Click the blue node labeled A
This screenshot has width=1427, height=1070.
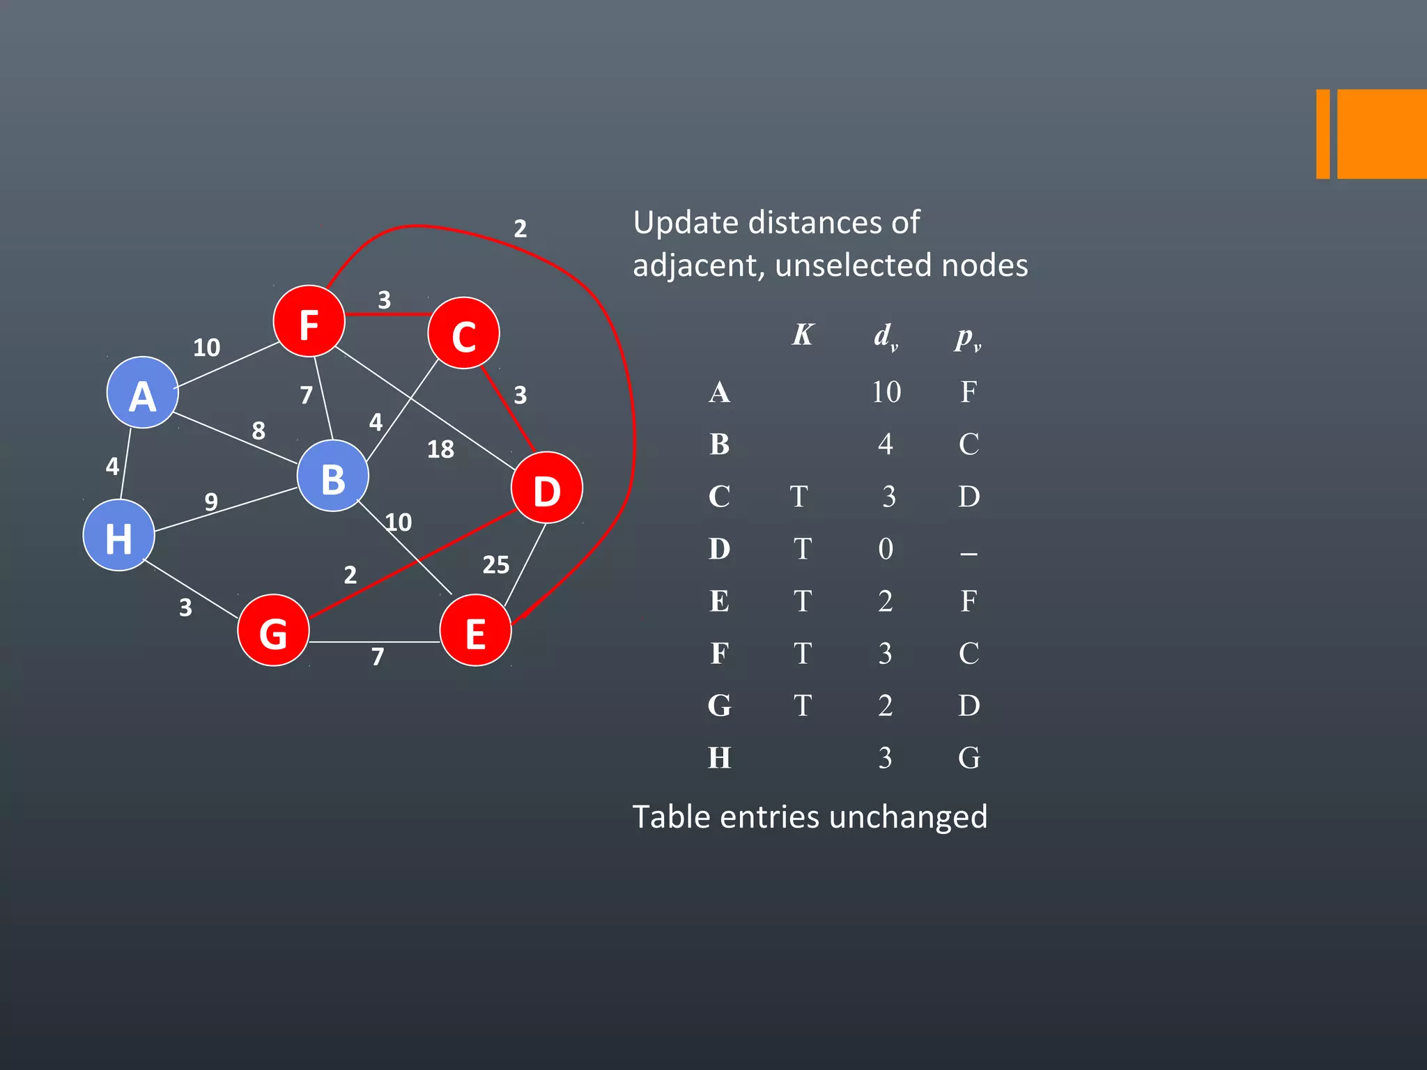(x=142, y=393)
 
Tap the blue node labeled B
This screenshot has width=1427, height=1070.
(x=332, y=476)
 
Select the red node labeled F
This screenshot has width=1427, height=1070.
(x=309, y=322)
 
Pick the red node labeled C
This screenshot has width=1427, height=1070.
(x=463, y=334)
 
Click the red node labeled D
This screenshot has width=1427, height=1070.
(x=546, y=488)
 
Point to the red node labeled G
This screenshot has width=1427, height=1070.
(x=273, y=630)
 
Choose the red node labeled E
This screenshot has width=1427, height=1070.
(x=475, y=630)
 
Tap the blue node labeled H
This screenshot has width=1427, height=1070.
(x=118, y=536)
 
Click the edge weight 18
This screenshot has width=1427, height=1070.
(x=440, y=449)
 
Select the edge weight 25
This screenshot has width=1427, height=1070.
(x=495, y=565)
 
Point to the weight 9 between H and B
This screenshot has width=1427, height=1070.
(x=211, y=501)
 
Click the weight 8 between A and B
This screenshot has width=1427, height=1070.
(x=259, y=431)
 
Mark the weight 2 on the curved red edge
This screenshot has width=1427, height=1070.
(x=520, y=228)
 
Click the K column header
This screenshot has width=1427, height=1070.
(x=803, y=335)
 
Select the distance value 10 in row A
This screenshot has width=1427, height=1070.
(x=886, y=392)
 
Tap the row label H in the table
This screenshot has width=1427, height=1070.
(x=719, y=758)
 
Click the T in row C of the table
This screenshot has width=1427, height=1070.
(x=799, y=497)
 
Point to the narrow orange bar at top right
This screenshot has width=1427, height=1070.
(x=1322, y=134)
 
